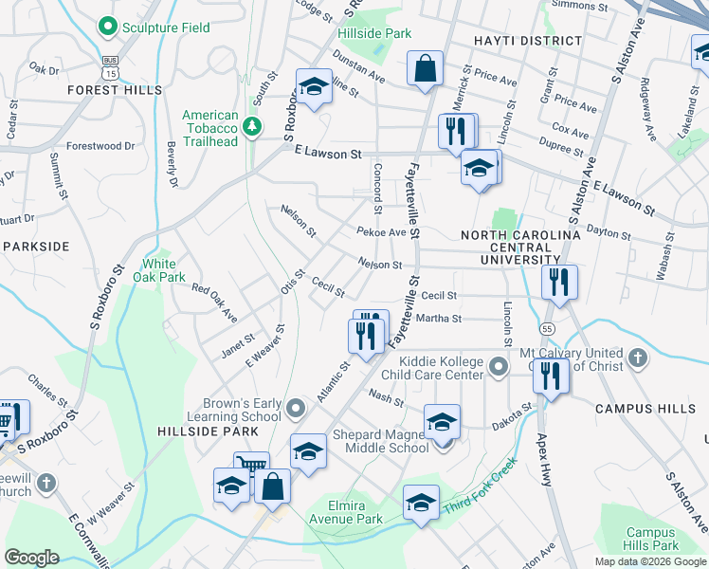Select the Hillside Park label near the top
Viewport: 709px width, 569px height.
pos(374,33)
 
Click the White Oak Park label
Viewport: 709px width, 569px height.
pos(159,270)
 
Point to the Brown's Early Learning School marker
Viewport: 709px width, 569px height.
pos(297,409)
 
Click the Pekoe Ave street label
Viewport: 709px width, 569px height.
pos(381,232)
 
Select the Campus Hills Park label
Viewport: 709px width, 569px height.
pos(652,539)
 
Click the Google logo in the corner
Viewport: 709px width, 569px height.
pos(32,558)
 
